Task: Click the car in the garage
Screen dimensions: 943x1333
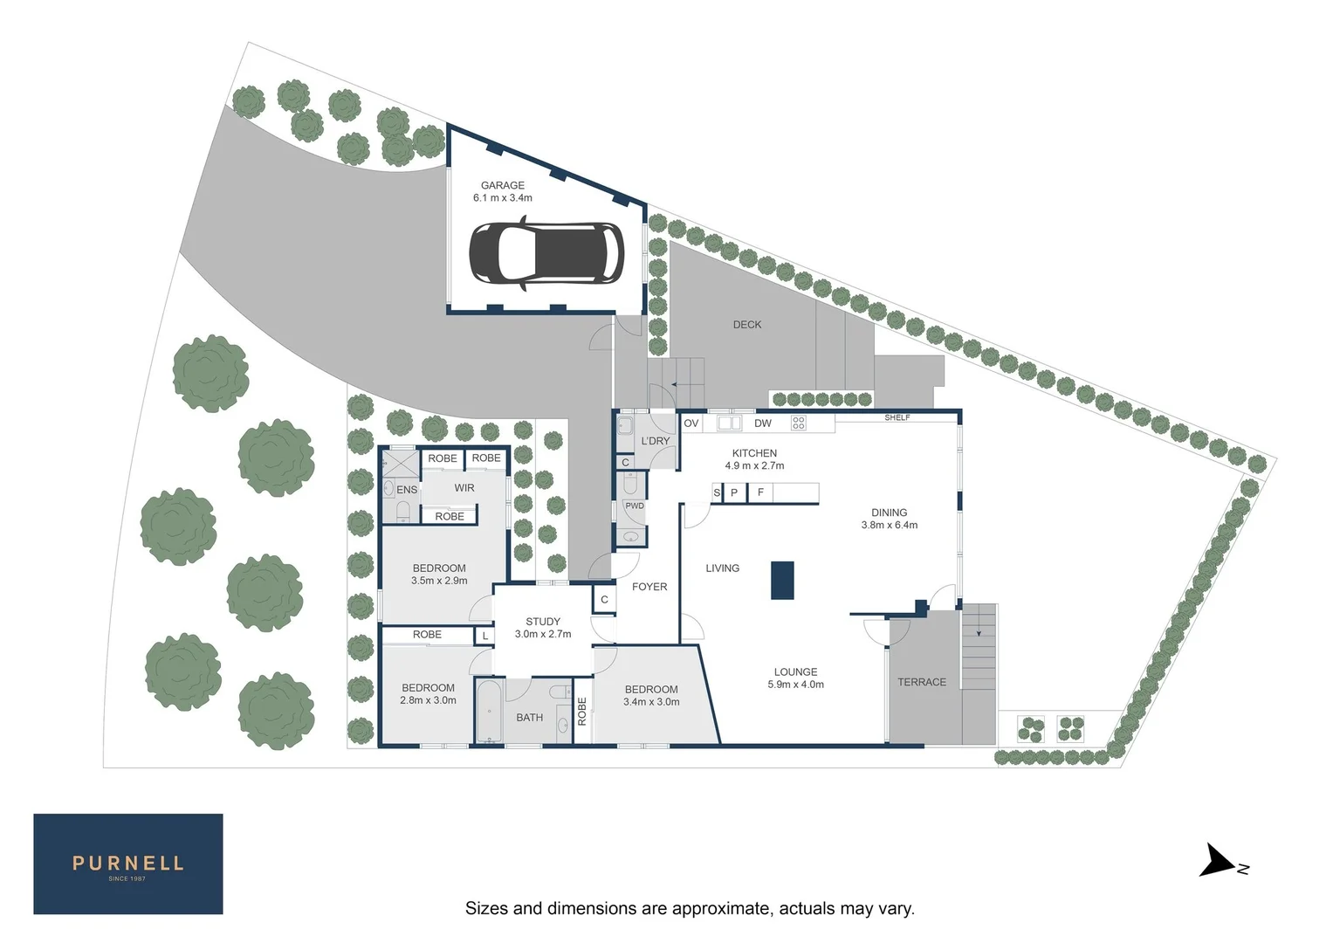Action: point(546,254)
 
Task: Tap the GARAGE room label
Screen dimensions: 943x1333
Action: point(503,185)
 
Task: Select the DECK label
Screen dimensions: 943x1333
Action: point(747,325)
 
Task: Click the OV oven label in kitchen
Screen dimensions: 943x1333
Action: point(691,423)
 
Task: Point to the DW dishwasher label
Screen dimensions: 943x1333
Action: point(763,423)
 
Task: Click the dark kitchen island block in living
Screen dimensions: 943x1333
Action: point(782,581)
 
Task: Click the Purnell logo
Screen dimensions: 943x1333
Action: point(128,864)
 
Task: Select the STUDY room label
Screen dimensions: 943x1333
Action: point(543,622)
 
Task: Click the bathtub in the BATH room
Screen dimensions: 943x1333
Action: point(489,712)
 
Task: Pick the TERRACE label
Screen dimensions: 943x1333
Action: point(922,683)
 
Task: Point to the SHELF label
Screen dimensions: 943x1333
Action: point(897,418)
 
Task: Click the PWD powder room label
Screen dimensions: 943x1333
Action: point(635,506)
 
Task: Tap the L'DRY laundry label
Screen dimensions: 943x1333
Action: point(656,441)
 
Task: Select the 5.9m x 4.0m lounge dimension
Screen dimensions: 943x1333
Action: point(795,685)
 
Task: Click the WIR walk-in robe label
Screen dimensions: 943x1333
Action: point(464,488)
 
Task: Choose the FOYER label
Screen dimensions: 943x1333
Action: point(649,587)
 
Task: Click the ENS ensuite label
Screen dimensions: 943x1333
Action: point(407,490)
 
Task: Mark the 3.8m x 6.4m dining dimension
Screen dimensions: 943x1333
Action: point(890,526)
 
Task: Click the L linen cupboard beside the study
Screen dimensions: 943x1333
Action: point(485,637)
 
